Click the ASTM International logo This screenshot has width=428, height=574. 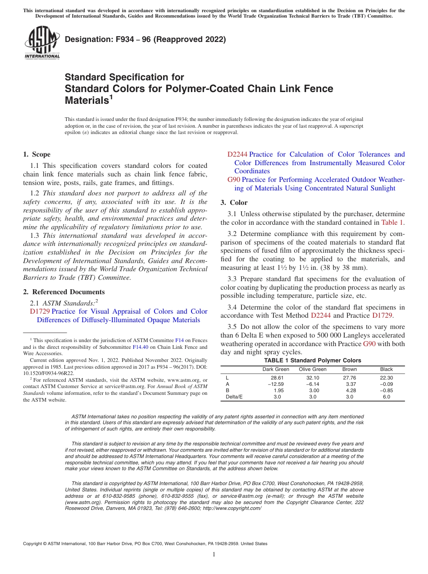42,42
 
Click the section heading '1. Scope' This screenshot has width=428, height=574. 37,154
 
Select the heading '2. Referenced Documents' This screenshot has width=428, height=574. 64,292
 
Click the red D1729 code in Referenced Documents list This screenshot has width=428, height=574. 40,311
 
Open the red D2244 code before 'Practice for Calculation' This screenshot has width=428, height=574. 237,154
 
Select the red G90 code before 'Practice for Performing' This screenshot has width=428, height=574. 234,180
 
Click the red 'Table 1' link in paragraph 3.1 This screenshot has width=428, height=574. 392,222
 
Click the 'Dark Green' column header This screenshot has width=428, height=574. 276,369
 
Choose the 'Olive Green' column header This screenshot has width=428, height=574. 313,369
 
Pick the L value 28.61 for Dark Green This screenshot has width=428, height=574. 277,377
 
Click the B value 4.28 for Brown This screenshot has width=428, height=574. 351,390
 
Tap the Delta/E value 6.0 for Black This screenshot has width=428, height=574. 387,397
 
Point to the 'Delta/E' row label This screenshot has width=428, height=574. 234,397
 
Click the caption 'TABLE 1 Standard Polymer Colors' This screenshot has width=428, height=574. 312,361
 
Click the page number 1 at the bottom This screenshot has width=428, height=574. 214,555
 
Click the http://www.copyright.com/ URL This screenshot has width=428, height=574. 232,508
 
